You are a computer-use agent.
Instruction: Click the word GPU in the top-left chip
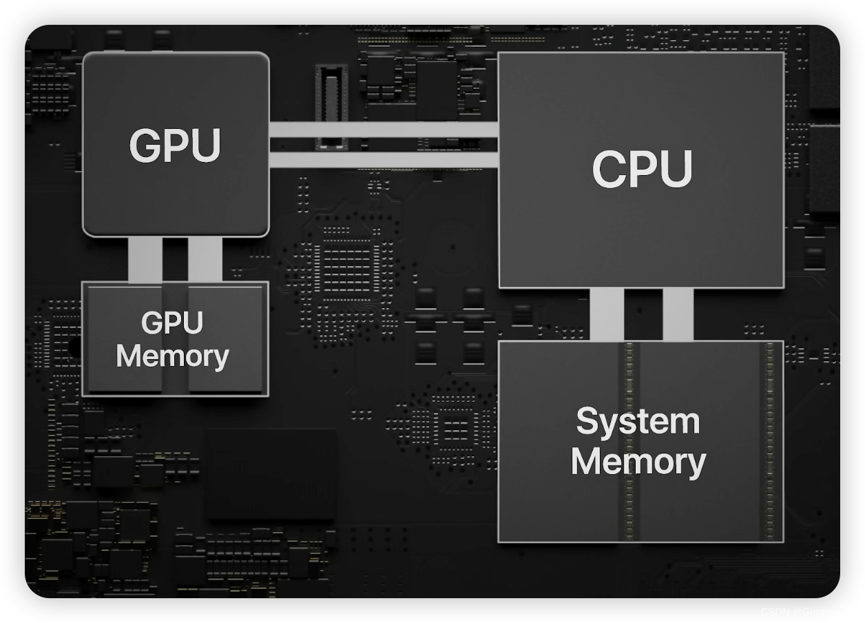175,145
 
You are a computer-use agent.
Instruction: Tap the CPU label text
642,169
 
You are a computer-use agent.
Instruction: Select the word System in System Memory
638,421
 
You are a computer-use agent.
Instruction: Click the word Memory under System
638,461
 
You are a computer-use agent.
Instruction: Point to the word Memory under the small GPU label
172,356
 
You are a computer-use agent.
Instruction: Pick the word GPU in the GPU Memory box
172,323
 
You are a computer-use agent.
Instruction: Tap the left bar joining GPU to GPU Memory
145,259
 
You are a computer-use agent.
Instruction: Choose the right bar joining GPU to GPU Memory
205,259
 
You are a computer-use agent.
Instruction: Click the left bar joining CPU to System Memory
607,314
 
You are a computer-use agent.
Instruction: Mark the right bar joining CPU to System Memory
678,314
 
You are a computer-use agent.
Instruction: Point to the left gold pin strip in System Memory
629,441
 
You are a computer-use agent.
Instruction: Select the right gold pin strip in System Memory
770,441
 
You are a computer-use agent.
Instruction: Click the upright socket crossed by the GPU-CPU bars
331,107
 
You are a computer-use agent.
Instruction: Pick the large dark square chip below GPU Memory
272,473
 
